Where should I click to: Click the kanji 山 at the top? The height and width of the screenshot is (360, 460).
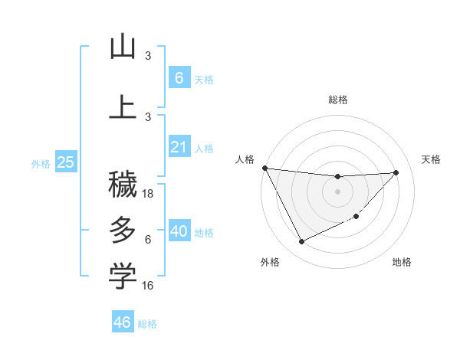pyautogui.click(x=123, y=47)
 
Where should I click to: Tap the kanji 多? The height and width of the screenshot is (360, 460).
pyautogui.click(x=123, y=230)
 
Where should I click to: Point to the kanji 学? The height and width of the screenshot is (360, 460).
pyautogui.click(x=123, y=277)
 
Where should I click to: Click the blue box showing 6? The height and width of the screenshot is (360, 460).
pyautogui.click(x=179, y=77)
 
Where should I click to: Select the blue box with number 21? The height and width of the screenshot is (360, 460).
pyautogui.click(x=179, y=147)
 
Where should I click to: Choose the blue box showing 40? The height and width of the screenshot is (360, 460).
pyautogui.click(x=179, y=231)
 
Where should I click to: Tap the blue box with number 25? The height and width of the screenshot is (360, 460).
pyautogui.click(x=65, y=162)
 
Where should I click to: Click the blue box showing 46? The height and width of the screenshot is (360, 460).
pyautogui.click(x=122, y=322)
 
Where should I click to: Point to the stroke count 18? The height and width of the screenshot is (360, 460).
pyautogui.click(x=149, y=194)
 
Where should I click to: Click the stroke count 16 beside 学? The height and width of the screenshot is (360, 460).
pyautogui.click(x=149, y=286)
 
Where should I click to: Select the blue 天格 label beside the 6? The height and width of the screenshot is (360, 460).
pyautogui.click(x=204, y=79)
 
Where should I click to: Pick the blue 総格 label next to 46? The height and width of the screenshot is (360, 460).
pyautogui.click(x=147, y=323)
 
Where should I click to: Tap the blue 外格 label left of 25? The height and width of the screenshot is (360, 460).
pyautogui.click(x=41, y=163)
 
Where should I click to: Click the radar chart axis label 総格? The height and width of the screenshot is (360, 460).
pyautogui.click(x=337, y=100)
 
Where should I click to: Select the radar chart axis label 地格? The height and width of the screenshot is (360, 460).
pyautogui.click(x=402, y=263)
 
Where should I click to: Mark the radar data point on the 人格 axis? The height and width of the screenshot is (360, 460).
pyautogui.click(x=264, y=168)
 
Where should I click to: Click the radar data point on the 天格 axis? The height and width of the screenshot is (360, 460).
pyautogui.click(x=396, y=172)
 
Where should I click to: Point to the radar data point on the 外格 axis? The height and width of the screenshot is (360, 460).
pyautogui.click(x=301, y=242)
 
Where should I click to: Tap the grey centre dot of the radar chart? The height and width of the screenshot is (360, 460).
pyautogui.click(x=337, y=191)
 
